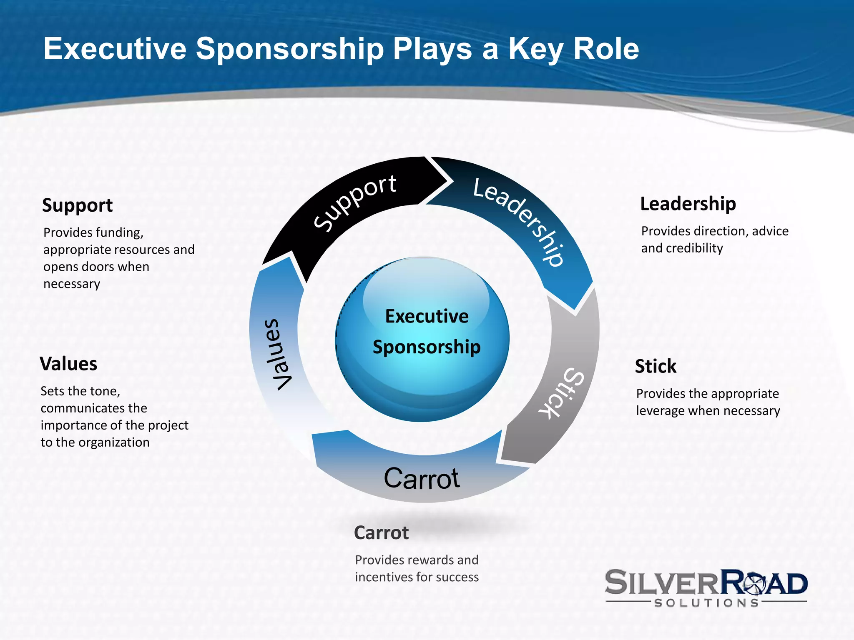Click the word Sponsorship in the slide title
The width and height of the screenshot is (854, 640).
[289, 49]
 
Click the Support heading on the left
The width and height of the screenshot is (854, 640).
[77, 205]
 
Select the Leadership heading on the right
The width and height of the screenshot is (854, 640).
[688, 204]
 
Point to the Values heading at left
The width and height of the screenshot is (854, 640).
[68, 364]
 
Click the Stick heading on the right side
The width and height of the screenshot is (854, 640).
[656, 366]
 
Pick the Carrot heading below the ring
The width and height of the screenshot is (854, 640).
[381, 533]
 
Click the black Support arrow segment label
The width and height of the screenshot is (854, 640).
[355, 202]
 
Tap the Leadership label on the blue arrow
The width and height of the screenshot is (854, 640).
[520, 221]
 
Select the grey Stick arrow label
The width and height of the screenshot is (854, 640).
[561, 393]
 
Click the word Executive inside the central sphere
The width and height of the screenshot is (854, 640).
[427, 316]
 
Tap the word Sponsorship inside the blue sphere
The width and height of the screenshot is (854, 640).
[427, 347]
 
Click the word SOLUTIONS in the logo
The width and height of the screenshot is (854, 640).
[706, 603]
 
